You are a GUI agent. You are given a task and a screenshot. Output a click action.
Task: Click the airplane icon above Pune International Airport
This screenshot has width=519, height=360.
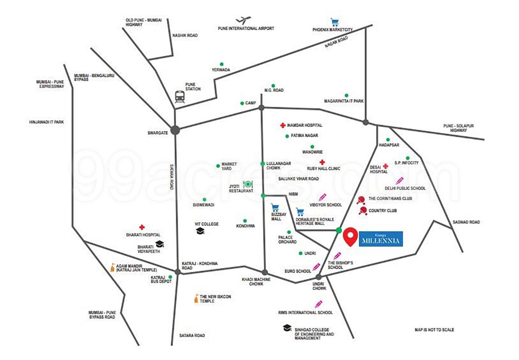click(244, 20)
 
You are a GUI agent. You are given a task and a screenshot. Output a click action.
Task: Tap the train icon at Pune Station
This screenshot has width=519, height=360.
click(180, 97)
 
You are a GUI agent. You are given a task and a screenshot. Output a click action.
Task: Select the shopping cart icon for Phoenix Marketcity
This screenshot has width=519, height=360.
click(335, 22)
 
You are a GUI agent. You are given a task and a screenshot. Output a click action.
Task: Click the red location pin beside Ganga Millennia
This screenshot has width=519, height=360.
click(350, 237)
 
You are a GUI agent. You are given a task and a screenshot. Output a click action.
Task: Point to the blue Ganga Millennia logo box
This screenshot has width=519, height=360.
click(381, 239)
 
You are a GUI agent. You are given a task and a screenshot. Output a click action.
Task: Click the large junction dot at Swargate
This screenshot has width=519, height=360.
click(175, 130)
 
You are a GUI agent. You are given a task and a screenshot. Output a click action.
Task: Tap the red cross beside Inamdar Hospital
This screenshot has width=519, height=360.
click(283, 125)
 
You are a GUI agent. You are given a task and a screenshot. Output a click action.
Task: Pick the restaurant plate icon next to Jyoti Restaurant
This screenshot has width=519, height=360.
click(248, 184)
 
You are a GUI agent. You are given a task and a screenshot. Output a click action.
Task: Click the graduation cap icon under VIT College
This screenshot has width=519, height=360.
click(200, 231)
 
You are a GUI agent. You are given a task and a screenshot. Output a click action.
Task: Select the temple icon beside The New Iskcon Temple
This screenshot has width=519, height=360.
click(197, 299)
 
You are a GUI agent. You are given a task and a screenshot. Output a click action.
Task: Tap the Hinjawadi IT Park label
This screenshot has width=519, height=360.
click(46, 122)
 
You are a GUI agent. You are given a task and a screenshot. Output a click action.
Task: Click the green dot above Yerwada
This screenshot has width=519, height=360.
click(222, 64)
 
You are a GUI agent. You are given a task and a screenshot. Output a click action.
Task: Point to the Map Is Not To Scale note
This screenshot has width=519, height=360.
click(434, 330)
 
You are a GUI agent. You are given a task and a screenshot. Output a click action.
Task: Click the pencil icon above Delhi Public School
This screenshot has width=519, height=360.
click(400, 181)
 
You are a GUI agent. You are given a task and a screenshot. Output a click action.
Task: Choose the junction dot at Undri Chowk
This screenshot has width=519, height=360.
click(319, 277)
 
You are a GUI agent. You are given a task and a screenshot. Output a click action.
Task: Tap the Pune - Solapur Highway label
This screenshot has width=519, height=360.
click(458, 128)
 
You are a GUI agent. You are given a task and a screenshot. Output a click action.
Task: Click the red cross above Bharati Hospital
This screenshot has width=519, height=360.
click(142, 227)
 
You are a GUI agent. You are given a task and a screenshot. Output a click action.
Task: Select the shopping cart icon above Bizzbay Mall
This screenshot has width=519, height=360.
click(275, 208)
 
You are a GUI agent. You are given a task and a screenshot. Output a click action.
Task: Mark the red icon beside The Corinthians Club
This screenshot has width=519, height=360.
click(361, 200)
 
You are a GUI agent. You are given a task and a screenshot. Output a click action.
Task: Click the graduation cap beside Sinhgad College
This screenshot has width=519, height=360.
click(287, 328)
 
